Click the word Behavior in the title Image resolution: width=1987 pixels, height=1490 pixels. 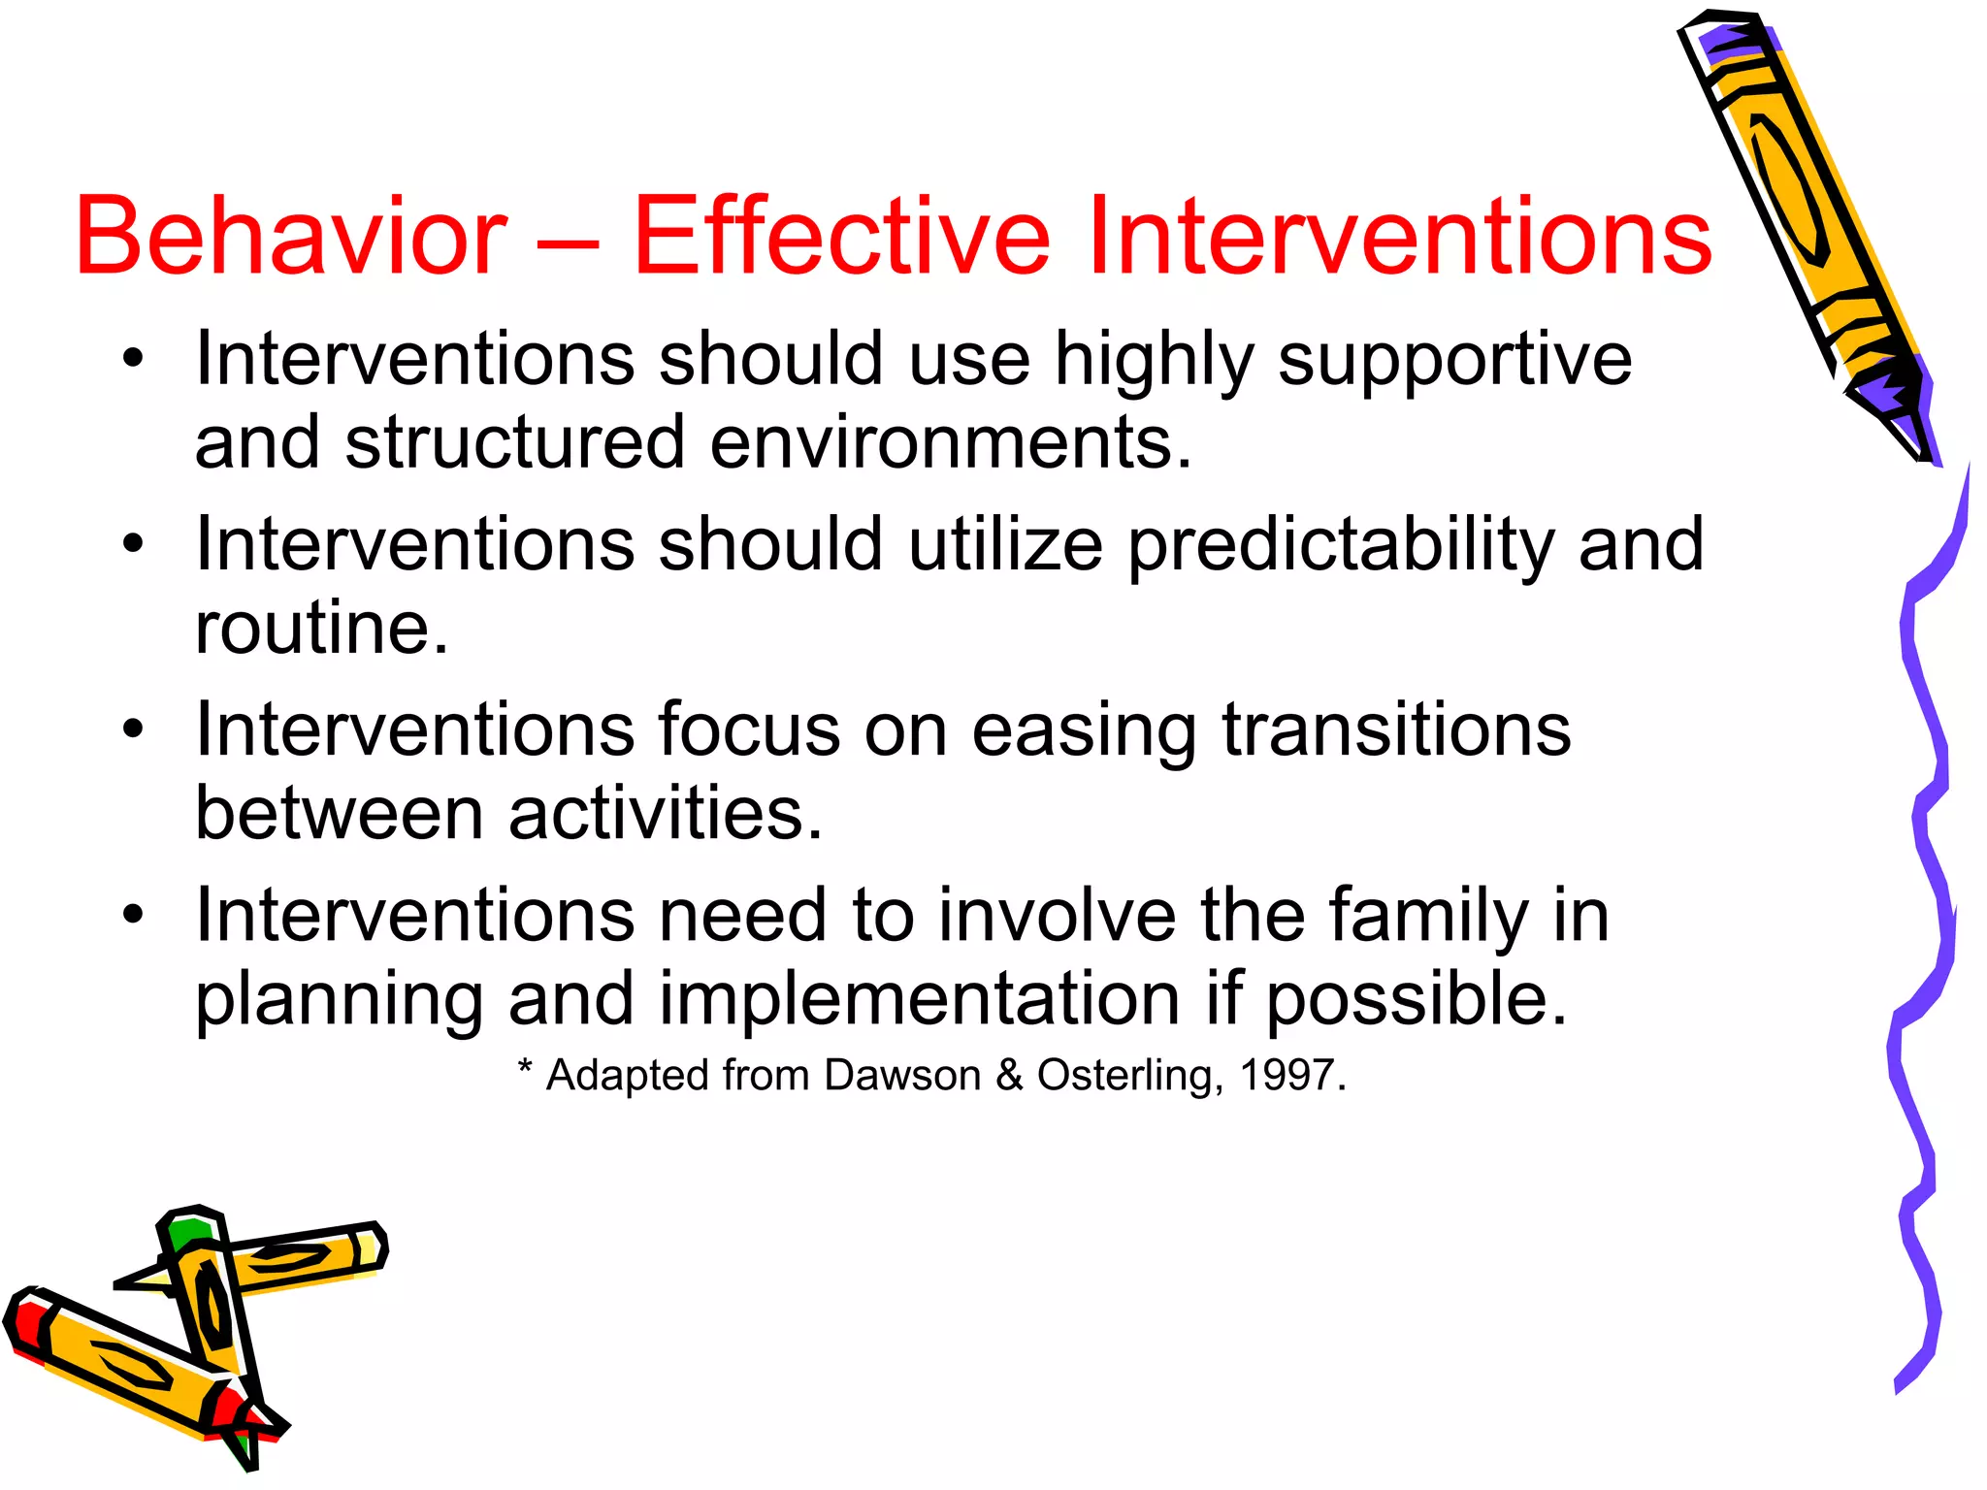click(x=291, y=236)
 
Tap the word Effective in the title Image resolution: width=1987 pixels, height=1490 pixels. click(x=841, y=236)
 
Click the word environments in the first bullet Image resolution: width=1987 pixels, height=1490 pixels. click(x=950, y=443)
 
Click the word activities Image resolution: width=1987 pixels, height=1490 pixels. click(x=666, y=813)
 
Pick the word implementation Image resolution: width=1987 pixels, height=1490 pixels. click(x=920, y=999)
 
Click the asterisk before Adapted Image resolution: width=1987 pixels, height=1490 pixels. click(x=525, y=1068)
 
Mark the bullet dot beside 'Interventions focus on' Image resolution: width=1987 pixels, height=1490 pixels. click(x=133, y=729)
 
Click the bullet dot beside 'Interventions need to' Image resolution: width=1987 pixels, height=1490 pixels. click(x=133, y=914)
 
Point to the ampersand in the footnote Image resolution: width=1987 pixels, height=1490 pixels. click(x=1009, y=1075)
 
